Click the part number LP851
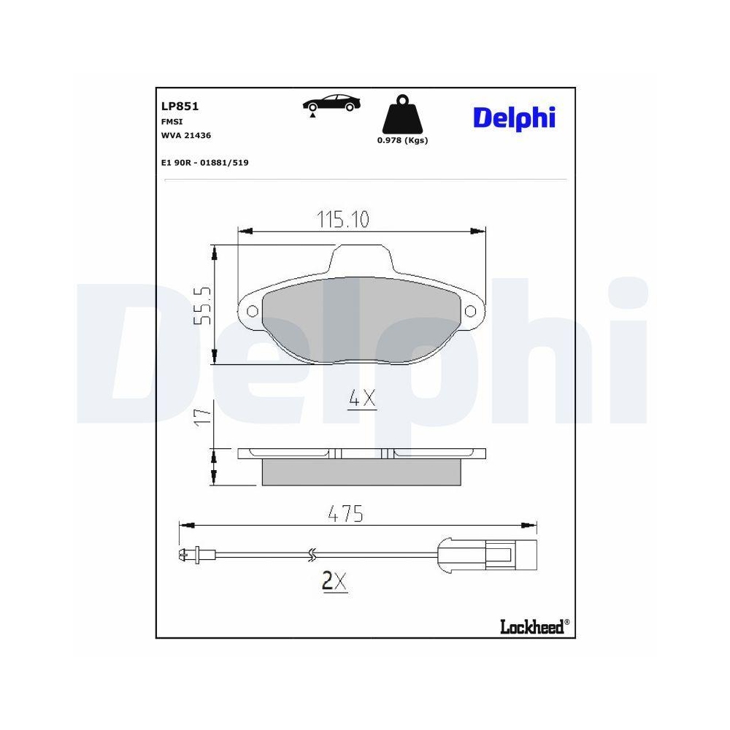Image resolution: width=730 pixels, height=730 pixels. [180, 106]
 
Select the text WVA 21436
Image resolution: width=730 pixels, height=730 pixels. [186, 135]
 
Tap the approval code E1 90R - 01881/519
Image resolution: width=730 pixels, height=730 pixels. [204, 163]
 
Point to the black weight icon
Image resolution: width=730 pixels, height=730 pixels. [401, 117]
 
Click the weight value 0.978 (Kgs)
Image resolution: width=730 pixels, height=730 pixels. [402, 141]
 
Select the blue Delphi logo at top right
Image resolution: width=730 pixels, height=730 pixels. [514, 118]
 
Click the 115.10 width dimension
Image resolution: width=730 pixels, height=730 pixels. [343, 218]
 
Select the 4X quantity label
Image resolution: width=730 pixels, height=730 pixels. [361, 399]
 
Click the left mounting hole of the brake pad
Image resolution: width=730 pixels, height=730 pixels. [253, 312]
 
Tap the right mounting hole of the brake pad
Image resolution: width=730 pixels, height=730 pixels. [471, 312]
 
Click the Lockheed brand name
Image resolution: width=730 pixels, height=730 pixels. [532, 626]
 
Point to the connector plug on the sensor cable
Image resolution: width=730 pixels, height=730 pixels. [499, 556]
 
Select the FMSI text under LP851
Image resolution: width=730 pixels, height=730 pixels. [172, 122]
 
